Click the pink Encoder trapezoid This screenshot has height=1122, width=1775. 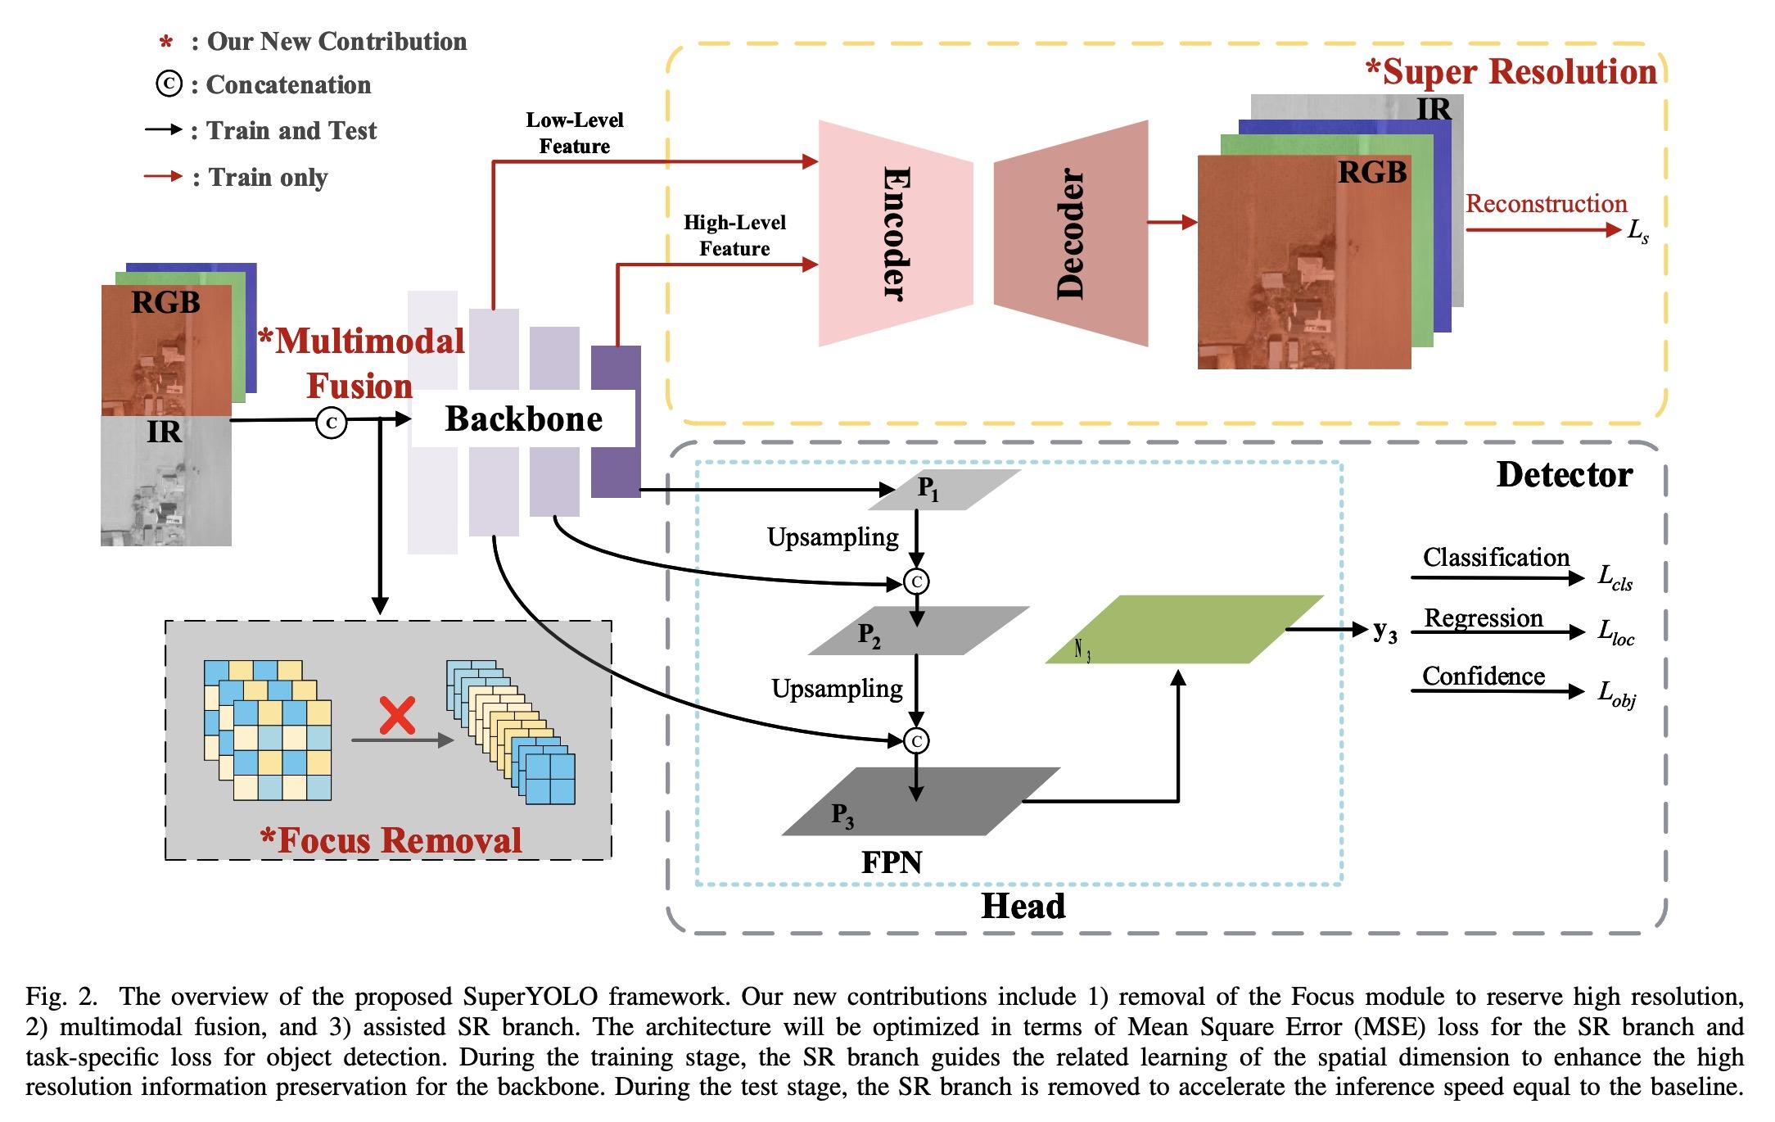[x=896, y=233]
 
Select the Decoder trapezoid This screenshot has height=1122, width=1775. [x=1071, y=233]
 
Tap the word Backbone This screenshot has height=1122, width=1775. [x=523, y=418]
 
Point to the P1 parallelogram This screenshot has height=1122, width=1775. [x=944, y=490]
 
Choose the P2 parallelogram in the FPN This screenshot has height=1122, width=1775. [x=918, y=631]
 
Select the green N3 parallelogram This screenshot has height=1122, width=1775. [x=1184, y=629]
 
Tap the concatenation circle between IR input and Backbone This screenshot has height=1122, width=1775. [x=332, y=423]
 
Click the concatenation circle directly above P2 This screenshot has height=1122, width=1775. [x=917, y=581]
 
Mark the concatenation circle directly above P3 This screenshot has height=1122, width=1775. [x=917, y=741]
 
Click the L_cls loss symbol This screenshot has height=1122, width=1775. [x=1615, y=577]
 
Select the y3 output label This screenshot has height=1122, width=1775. [x=1384, y=631]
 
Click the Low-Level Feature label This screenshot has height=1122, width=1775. [x=574, y=133]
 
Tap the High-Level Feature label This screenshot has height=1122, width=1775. [x=734, y=235]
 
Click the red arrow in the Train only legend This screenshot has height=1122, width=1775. [x=163, y=176]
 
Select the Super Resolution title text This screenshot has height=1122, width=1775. [x=1511, y=72]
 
